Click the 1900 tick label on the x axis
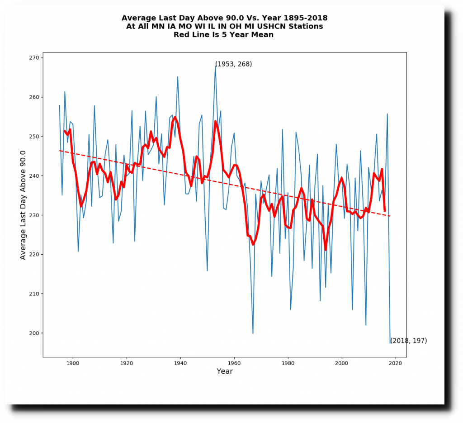[x=72, y=363]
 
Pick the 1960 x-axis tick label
[x=234, y=363]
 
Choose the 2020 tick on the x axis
[x=396, y=357]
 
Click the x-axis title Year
[x=225, y=371]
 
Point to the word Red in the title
[x=181, y=35]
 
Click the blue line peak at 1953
[x=215, y=66]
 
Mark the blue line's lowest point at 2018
[x=390, y=343]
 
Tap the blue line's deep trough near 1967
[x=253, y=333]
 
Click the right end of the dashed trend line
[x=390, y=216]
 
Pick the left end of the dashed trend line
[x=59, y=151]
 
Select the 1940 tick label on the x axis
[x=180, y=363]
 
